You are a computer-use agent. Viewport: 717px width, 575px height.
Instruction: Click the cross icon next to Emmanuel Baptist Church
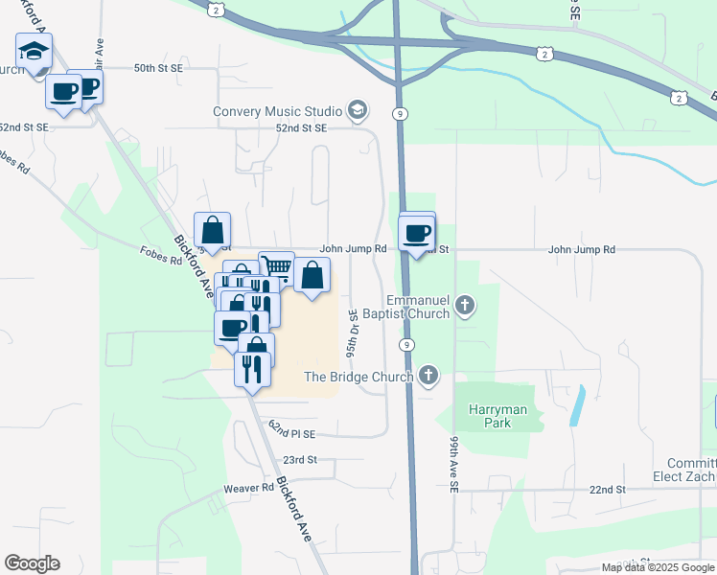click(465, 307)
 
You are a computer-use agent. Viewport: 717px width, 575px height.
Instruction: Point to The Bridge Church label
click(358, 376)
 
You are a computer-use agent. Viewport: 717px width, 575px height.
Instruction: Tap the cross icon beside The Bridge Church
click(428, 376)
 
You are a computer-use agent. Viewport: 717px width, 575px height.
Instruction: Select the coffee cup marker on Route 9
click(417, 232)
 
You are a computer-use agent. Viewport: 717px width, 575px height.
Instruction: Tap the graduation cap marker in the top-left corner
click(35, 52)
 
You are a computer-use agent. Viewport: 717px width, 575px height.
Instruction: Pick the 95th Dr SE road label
click(353, 328)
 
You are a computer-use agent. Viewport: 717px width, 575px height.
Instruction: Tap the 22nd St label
click(607, 489)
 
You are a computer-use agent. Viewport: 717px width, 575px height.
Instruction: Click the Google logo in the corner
click(32, 563)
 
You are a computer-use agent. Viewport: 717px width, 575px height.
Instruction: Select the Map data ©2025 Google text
click(658, 567)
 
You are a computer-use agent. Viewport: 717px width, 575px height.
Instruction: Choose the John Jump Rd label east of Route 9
click(581, 249)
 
